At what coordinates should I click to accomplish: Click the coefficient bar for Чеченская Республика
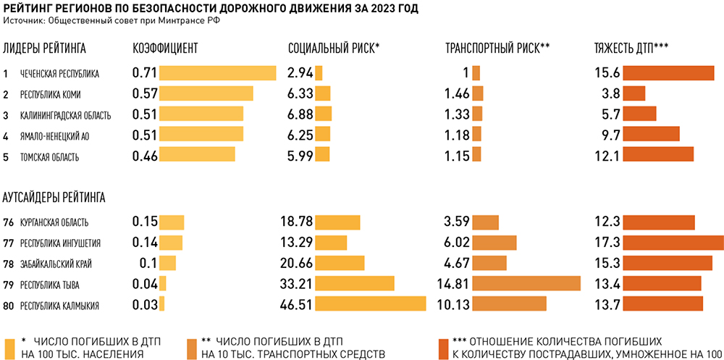point(217,73)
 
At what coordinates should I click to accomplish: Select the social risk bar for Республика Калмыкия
point(370,304)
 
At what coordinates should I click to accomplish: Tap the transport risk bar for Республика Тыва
point(526,283)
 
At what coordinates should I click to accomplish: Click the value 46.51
point(296,304)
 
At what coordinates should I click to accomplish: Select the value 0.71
point(145,73)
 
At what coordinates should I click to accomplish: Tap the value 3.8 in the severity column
point(610,93)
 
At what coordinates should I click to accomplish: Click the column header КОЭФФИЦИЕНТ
point(166,49)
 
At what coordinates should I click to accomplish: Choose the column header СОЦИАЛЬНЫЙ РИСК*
point(334,49)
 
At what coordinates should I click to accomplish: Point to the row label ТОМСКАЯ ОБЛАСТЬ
point(50,156)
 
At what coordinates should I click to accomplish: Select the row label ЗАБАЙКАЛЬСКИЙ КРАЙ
point(56,264)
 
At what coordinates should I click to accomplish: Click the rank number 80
point(8,305)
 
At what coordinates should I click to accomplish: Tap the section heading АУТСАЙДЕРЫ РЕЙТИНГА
point(54,196)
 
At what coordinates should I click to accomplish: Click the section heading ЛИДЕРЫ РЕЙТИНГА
point(45,49)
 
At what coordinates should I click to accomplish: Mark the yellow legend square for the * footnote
point(10,346)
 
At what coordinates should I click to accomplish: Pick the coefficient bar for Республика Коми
point(206,93)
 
